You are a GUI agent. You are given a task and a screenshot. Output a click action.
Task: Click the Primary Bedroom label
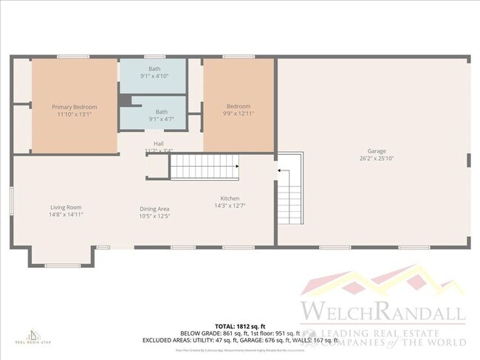click(x=74, y=107)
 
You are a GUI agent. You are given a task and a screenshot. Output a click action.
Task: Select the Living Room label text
click(x=66, y=207)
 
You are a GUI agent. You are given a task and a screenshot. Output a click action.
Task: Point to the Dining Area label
click(x=155, y=209)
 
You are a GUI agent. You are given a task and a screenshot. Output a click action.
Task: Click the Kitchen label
click(x=229, y=198)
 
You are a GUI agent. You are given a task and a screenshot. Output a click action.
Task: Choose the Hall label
click(x=158, y=143)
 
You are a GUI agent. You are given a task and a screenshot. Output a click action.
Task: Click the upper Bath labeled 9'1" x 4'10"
click(x=154, y=69)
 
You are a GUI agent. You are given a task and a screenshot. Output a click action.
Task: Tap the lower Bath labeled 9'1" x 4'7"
click(x=161, y=111)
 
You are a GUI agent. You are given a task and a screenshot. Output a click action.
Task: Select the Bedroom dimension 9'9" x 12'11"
click(x=239, y=114)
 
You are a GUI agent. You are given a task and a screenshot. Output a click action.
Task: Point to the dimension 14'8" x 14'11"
click(x=66, y=215)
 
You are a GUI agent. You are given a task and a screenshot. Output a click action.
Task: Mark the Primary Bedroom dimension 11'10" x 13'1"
click(x=74, y=114)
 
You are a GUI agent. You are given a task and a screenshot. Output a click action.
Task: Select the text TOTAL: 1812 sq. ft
click(x=240, y=325)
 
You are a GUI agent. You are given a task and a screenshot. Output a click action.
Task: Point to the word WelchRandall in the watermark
click(x=382, y=310)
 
